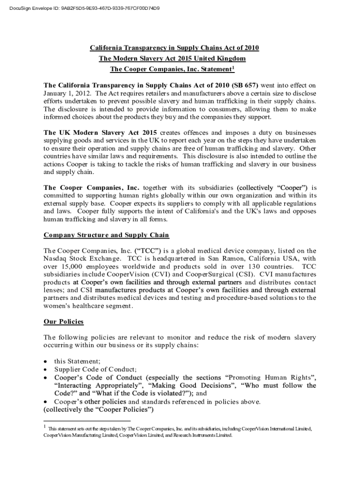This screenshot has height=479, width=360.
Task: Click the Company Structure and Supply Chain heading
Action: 106,235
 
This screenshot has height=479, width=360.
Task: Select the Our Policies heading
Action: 63,321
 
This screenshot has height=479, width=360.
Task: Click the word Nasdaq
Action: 57,258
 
